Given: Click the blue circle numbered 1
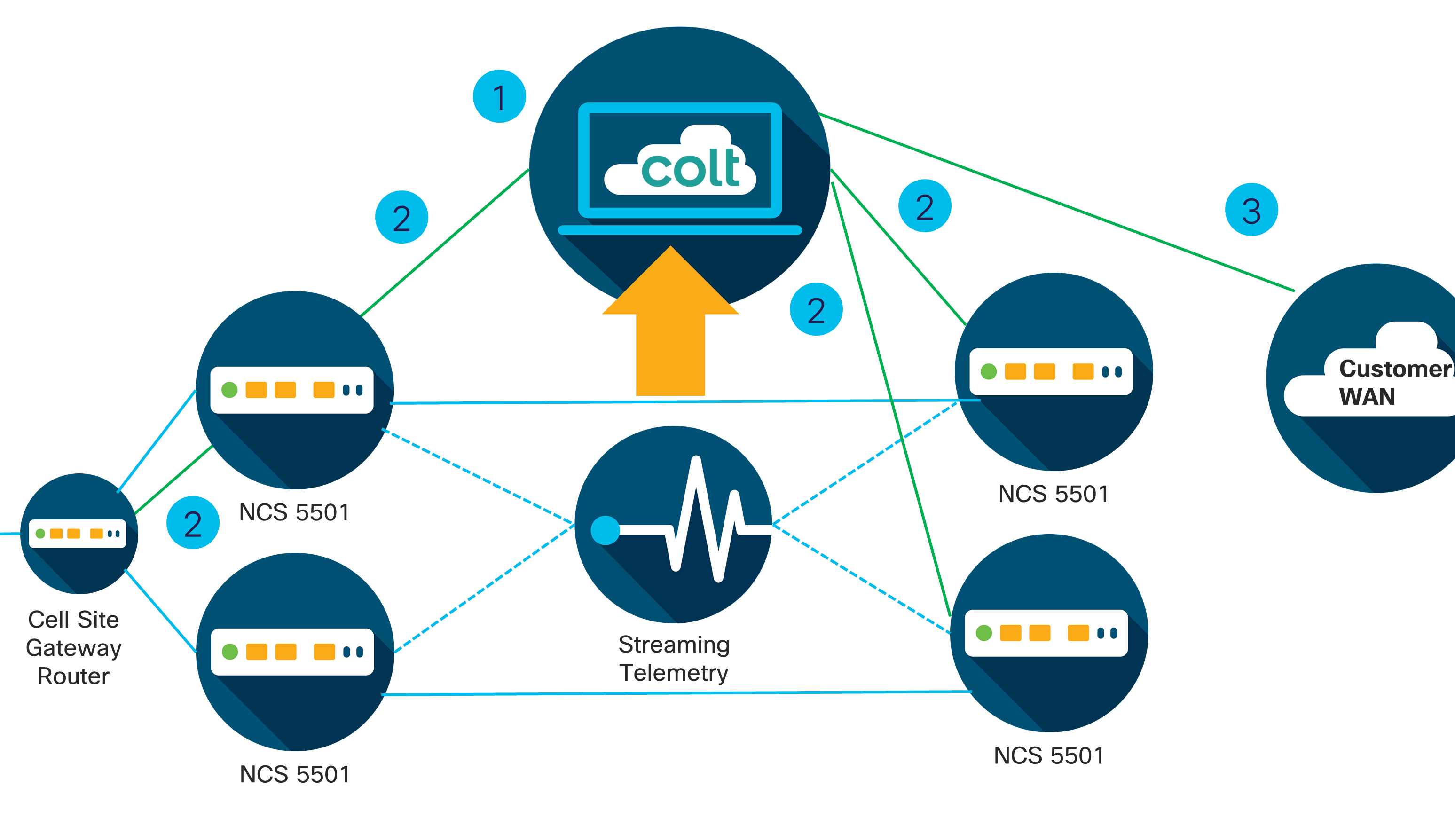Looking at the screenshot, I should tap(499, 96).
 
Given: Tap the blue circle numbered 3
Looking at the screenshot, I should tap(1251, 210).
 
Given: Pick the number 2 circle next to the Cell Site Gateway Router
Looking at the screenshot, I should tap(193, 523).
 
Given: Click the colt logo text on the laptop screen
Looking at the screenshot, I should tap(690, 168).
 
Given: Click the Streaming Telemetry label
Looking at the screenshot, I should tap(674, 659).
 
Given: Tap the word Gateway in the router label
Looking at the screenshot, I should tap(73, 648).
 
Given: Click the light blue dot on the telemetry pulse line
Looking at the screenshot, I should tap(605, 530).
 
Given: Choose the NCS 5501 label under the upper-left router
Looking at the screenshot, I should tap(294, 512).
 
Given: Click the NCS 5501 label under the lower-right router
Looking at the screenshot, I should tap(1049, 756).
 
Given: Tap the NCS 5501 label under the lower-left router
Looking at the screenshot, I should tap(295, 774).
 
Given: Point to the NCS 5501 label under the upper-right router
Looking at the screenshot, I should tap(1054, 494).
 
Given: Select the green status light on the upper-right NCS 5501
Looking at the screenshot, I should tap(989, 372).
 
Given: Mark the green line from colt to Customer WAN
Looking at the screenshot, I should tap(1056, 202).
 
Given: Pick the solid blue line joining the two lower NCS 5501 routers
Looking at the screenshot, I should tap(678, 693).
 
